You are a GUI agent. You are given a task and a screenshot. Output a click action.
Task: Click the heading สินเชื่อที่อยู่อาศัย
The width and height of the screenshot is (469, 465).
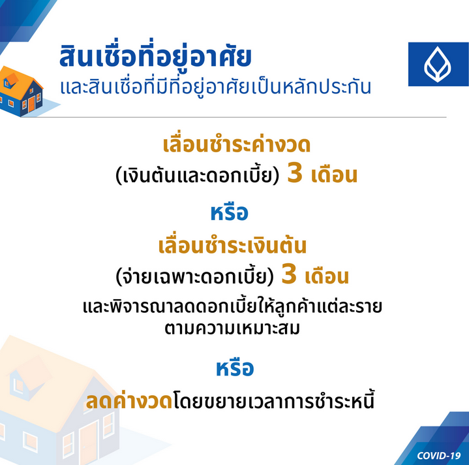pyautogui.click(x=155, y=56)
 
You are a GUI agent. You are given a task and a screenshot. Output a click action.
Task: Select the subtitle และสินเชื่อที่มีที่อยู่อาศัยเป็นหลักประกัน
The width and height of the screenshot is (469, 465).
pyautogui.click(x=215, y=87)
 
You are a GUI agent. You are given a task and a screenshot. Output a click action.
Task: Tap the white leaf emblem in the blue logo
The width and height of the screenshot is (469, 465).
pyautogui.click(x=438, y=65)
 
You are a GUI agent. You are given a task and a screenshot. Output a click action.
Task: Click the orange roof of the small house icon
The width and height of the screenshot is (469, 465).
pyautogui.click(x=22, y=81)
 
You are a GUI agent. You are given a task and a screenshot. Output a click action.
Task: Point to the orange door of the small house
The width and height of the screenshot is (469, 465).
pyautogui.click(x=31, y=104)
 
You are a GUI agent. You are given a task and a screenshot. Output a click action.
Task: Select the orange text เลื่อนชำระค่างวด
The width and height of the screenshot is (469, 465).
pyautogui.click(x=237, y=144)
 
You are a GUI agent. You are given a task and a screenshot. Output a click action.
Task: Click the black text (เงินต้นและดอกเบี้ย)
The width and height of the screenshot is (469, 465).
pyautogui.click(x=198, y=175)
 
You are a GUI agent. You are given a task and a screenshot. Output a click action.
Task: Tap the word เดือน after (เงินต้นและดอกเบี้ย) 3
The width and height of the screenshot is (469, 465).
pyautogui.click(x=334, y=175)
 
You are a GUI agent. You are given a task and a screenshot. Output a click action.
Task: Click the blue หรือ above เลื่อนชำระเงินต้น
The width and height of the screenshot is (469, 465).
pyautogui.click(x=230, y=212)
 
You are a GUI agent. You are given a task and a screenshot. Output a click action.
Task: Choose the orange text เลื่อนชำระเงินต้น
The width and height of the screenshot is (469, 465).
pyautogui.click(x=232, y=246)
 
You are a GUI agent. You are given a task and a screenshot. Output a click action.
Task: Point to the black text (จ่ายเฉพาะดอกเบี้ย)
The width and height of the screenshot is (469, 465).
pyautogui.click(x=195, y=276)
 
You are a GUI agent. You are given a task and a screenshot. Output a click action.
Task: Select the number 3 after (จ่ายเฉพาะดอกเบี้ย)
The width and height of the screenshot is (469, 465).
pyautogui.click(x=289, y=274)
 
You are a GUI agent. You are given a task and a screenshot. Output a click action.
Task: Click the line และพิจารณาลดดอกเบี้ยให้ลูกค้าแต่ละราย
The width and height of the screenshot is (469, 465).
pyautogui.click(x=232, y=306)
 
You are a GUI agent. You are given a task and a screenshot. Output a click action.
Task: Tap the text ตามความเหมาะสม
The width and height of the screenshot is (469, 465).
pyautogui.click(x=232, y=328)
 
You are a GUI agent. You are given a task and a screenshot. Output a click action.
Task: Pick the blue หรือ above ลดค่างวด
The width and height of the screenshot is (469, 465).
pyautogui.click(x=235, y=368)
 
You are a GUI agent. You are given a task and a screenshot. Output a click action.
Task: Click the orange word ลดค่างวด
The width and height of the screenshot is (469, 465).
pyautogui.click(x=129, y=400)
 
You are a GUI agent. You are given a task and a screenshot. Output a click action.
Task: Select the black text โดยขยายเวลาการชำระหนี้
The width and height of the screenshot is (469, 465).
pyautogui.click(x=274, y=400)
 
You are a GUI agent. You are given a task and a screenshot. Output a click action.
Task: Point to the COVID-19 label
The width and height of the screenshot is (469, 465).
pyautogui.click(x=439, y=455)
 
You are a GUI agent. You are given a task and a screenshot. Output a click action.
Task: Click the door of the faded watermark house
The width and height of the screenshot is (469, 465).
pyautogui.click(x=89, y=443)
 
